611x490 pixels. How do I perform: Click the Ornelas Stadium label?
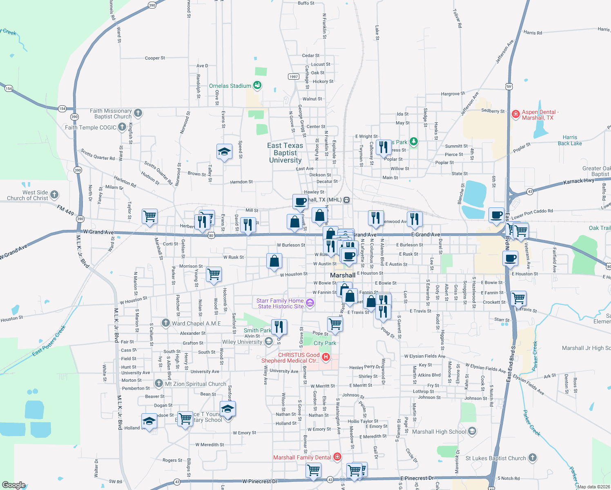tap(230, 86)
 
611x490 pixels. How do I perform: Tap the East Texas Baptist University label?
tap(285, 153)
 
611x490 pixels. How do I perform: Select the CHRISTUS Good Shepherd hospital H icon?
tap(326, 357)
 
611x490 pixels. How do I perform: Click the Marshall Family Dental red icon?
tap(337, 457)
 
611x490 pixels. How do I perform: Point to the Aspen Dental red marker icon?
tap(515, 114)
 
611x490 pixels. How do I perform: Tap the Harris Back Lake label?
tap(570, 140)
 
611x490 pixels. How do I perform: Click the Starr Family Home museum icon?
tap(310, 303)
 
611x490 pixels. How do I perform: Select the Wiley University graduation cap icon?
tap(269, 341)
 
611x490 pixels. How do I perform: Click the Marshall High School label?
tap(439, 432)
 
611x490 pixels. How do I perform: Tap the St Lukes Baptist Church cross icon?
tap(532, 458)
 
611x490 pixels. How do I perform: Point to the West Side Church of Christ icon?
tap(54, 195)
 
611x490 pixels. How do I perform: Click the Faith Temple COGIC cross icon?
tap(122, 127)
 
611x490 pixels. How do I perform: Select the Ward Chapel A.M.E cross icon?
tap(165, 323)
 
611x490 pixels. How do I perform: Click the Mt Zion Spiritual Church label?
tap(196, 384)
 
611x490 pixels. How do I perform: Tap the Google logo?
tap(13, 485)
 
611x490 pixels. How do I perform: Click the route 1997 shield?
tap(293, 77)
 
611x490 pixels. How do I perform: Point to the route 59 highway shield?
tap(508, 86)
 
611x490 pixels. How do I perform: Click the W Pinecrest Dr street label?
tap(260, 481)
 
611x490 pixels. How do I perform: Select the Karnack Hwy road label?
tap(579, 181)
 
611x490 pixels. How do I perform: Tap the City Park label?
tap(325, 343)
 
